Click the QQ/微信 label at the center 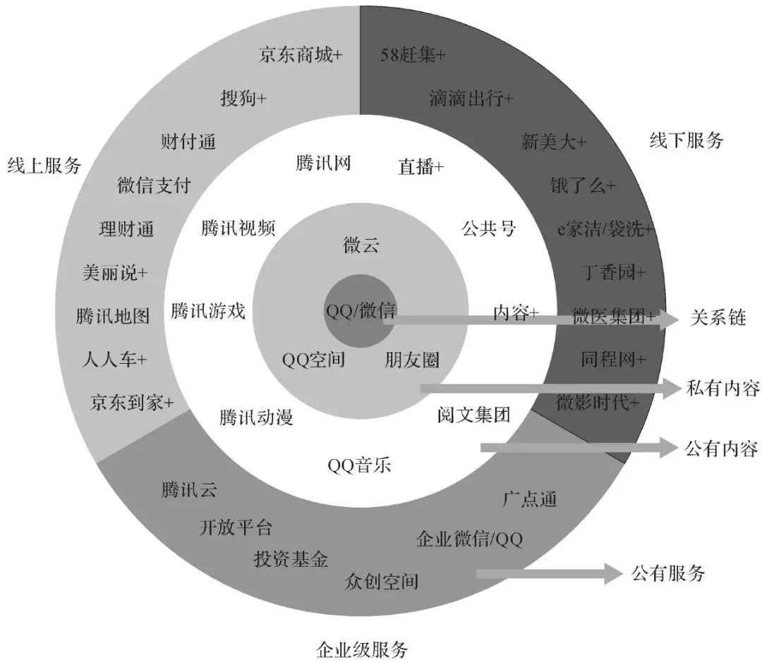(x=361, y=311)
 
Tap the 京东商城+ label (x=301, y=54)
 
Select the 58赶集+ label (x=413, y=55)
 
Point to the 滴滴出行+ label (x=471, y=99)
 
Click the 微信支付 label (x=154, y=185)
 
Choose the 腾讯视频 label (x=238, y=228)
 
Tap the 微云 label (x=361, y=245)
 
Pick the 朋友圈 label (x=412, y=360)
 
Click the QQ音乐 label (x=359, y=465)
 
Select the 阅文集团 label (x=474, y=415)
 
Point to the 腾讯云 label (x=188, y=489)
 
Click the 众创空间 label (x=382, y=581)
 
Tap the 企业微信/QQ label (x=469, y=539)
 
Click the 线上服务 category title (x=44, y=166)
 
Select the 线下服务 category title (x=687, y=141)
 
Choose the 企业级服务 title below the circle (x=362, y=649)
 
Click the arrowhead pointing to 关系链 (x=670, y=320)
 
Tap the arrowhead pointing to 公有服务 (x=613, y=574)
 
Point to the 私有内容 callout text (x=722, y=388)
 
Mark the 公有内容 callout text (x=722, y=448)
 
